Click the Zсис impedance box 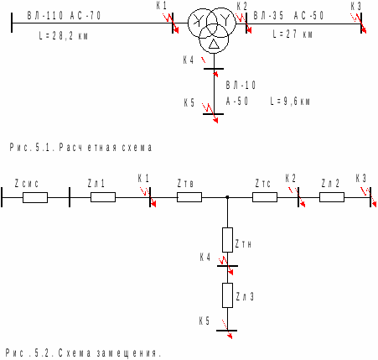coord(35,197)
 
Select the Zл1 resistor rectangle coord(103,197)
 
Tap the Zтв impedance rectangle coord(189,197)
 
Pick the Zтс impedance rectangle coord(265,197)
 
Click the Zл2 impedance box coord(332,197)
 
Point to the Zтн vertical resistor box coord(227,240)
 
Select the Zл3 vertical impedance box coord(227,295)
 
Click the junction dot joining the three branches coord(227,197)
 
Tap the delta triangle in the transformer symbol coord(214,44)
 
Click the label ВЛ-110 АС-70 coord(64,16)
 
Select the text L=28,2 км coord(64,36)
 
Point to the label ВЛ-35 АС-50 coord(288,16)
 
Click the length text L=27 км coord(293,34)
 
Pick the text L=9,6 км coord(290,101)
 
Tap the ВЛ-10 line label coord(241,85)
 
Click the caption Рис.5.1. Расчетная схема coord(81,147)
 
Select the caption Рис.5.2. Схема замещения coord(83,353)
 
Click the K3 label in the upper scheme coord(356,6)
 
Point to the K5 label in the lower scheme coord(205,321)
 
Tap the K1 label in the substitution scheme coord(143,179)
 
